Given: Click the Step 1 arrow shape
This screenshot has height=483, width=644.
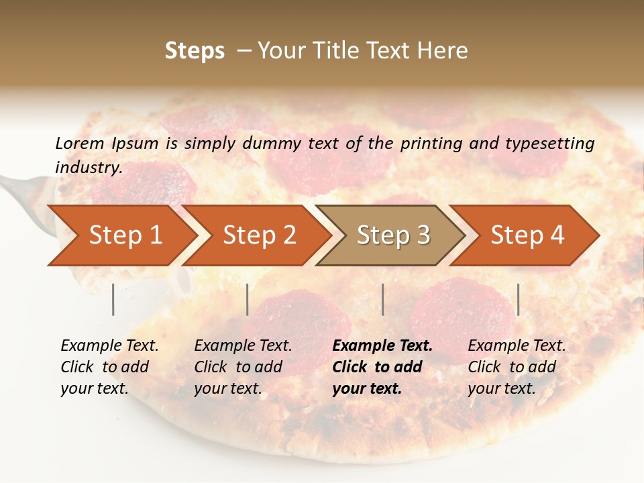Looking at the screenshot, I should click(x=121, y=235).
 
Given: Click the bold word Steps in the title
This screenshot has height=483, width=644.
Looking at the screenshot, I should click(x=195, y=51).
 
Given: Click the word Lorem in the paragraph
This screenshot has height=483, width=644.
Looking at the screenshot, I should click(x=80, y=143).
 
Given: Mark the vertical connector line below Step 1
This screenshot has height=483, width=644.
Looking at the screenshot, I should click(x=113, y=299).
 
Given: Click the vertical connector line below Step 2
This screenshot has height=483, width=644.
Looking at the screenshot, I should click(x=248, y=299).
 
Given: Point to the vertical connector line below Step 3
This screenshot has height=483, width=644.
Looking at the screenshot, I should click(x=382, y=299).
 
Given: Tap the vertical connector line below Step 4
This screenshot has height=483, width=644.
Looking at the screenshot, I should click(x=518, y=299).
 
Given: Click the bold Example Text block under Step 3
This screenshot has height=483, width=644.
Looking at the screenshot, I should click(x=382, y=367).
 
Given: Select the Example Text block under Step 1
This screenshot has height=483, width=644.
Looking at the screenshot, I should click(x=109, y=367).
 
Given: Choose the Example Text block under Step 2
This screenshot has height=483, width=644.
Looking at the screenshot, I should click(x=243, y=367).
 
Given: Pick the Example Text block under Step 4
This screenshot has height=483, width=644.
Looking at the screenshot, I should click(x=517, y=367).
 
